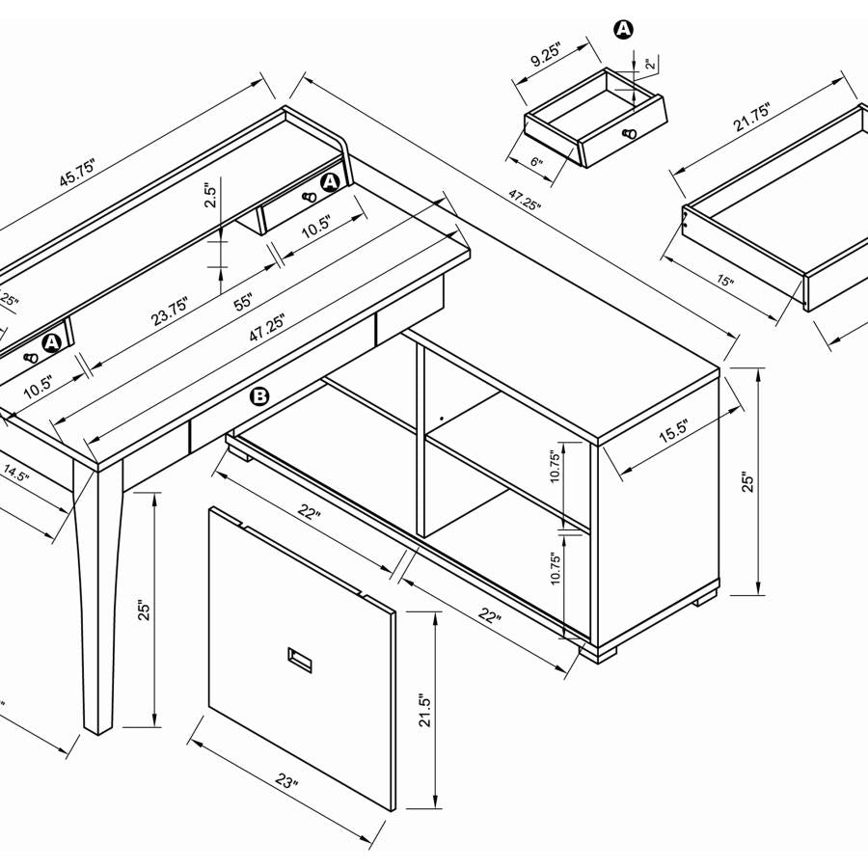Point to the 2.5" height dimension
pos(208,197)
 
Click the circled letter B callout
pos(259,395)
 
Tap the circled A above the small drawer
pos(624,29)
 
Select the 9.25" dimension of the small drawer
pos(545,55)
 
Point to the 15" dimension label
pos(726,283)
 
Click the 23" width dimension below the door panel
pos(285,781)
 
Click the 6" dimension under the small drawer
pos(535,163)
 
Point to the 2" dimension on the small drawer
pos(651,65)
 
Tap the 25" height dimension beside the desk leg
pos(143,610)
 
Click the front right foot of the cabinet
pos(599,653)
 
